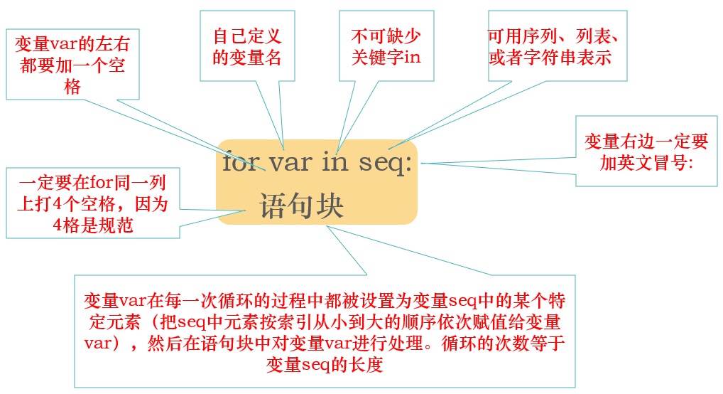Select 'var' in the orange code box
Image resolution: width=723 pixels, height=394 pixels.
click(x=290, y=164)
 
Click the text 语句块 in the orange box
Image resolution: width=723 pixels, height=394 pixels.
click(x=302, y=205)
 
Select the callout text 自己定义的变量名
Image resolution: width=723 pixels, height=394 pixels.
click(x=247, y=46)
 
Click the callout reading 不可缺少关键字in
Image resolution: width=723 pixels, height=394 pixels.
click(x=386, y=46)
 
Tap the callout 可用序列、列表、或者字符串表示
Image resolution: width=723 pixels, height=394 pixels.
click(x=553, y=46)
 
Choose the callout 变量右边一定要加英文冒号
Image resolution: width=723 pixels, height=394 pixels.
click(x=646, y=151)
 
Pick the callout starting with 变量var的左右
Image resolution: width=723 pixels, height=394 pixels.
click(x=72, y=65)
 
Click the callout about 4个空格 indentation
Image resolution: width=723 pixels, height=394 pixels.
click(x=92, y=203)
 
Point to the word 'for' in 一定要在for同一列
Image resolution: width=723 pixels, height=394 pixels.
click(x=101, y=183)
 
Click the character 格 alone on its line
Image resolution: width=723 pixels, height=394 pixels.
click(x=72, y=86)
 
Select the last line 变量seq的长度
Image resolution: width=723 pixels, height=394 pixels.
click(x=325, y=364)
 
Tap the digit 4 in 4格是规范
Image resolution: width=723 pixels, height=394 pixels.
click(x=58, y=225)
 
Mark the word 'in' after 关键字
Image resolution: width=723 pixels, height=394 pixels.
click(x=412, y=56)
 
